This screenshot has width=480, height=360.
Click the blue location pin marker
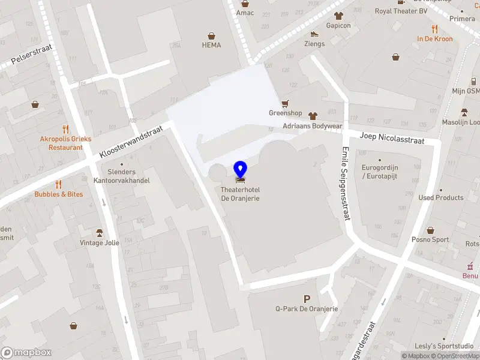click(241, 170)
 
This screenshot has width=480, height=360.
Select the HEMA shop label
click(211, 45)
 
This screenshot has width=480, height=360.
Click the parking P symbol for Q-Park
click(307, 299)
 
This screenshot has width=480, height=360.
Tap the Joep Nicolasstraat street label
click(392, 139)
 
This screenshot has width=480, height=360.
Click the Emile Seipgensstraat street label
click(345, 184)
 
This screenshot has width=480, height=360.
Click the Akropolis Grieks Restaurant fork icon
click(66, 129)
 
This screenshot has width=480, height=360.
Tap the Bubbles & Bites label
click(59, 194)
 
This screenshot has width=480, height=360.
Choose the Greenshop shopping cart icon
click(285, 103)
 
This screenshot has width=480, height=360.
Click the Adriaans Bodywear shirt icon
click(312, 116)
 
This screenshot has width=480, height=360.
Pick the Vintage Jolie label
click(100, 243)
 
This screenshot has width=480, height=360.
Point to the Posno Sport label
click(430, 239)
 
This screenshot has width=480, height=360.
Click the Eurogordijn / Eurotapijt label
click(380, 172)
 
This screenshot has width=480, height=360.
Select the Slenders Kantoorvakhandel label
click(122, 176)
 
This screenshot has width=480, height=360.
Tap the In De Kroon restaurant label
click(435, 39)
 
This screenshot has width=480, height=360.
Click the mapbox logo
click(26, 353)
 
